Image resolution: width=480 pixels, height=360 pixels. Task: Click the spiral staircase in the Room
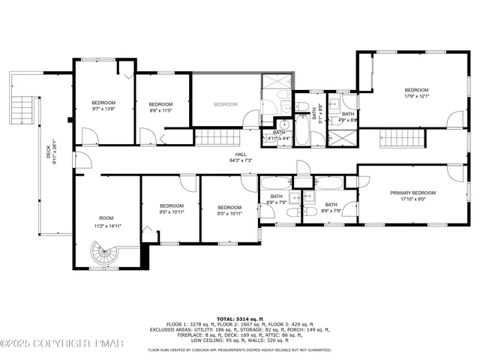click(x=101, y=255)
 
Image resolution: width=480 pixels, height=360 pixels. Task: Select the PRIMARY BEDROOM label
click(x=412, y=193)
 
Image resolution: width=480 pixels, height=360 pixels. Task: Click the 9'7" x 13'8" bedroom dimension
click(x=103, y=109)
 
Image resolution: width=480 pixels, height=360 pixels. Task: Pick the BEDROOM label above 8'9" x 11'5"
click(x=160, y=104)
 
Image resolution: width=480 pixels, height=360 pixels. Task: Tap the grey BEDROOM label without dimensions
click(x=225, y=104)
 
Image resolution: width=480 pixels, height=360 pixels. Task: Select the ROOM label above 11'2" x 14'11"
click(x=106, y=217)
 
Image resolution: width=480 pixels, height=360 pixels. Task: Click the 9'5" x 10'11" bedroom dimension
click(x=172, y=212)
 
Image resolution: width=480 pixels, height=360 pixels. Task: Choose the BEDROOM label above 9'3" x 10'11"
click(x=229, y=207)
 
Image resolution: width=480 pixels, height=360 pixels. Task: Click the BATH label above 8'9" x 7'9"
click(x=331, y=204)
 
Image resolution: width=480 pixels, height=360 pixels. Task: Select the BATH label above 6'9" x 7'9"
click(x=277, y=196)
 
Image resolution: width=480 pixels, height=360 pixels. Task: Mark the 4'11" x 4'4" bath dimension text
click(x=279, y=139)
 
